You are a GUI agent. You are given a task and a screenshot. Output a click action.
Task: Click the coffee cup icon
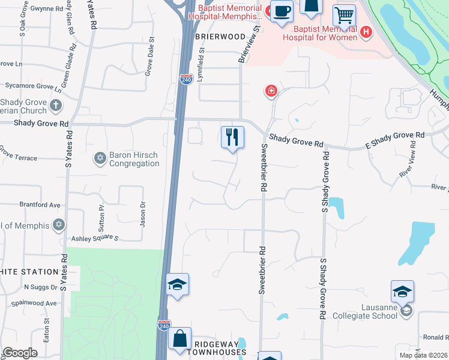coord(282,11)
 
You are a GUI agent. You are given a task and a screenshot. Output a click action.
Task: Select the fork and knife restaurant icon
coord(232,137)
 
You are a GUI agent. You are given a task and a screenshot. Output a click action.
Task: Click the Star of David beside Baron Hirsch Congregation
coord(100,159)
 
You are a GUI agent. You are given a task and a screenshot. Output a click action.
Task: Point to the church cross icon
coord(55,106)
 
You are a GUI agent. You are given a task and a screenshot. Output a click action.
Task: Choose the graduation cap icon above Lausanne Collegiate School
coord(402,292)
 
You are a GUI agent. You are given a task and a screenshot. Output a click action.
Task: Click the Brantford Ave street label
coord(40,205)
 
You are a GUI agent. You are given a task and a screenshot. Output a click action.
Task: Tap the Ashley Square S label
coord(95,238)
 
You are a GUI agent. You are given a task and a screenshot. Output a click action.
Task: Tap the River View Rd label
coord(408,164)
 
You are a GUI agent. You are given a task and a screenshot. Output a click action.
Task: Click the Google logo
coord(20,353)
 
